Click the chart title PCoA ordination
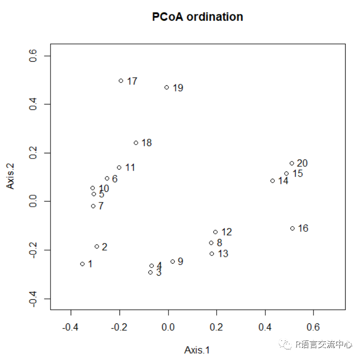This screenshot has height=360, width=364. pyautogui.click(x=197, y=17)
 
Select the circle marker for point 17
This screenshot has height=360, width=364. pyautogui.click(x=121, y=81)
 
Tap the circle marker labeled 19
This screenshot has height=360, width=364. pyautogui.click(x=167, y=87)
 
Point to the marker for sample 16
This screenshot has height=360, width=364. pyautogui.click(x=292, y=228)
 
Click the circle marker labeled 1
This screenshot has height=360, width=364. pyautogui.click(x=82, y=264)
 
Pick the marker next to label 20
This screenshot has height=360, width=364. pyautogui.click(x=292, y=163)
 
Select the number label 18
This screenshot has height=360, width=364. pyautogui.click(x=146, y=143)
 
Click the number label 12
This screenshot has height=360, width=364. pyautogui.click(x=226, y=232)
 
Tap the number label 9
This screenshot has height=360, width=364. pyautogui.click(x=180, y=262)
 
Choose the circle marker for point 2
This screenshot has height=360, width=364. pyautogui.click(x=97, y=246)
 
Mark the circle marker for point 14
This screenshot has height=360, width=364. pyautogui.click(x=273, y=181)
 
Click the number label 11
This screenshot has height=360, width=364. pyautogui.click(x=130, y=168)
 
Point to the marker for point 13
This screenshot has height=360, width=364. pyautogui.click(x=212, y=253)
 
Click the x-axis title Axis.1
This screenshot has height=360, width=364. pyautogui.click(x=197, y=350)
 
